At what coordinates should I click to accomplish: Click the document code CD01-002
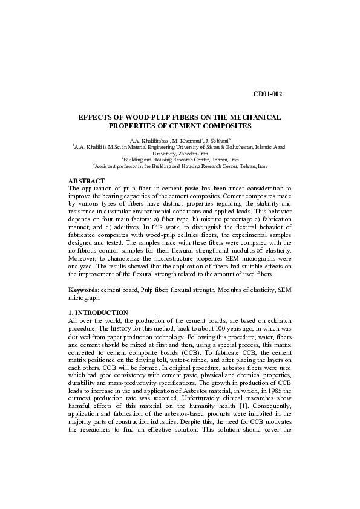(x=267, y=94)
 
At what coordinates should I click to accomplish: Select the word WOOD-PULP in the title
(x=140, y=117)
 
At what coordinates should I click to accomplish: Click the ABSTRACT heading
(x=87, y=181)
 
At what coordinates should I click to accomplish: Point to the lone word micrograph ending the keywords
(x=84, y=298)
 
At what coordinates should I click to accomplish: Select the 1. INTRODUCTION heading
(x=99, y=313)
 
